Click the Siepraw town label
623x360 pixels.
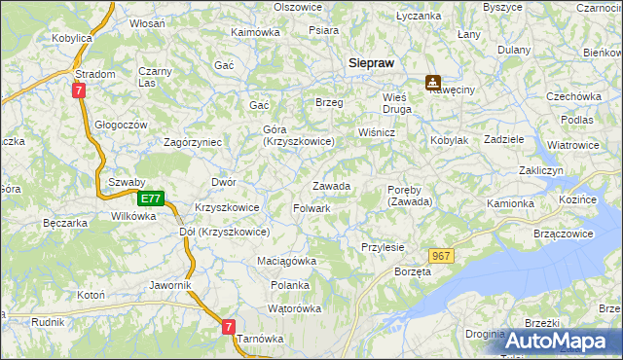click(371, 62)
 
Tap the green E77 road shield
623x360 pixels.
click(149, 198)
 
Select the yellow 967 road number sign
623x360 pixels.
click(441, 256)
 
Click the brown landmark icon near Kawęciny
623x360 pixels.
click(432, 84)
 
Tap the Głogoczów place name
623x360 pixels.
click(121, 125)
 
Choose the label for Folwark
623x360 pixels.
click(311, 208)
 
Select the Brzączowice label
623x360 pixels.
click(564, 234)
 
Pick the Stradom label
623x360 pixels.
click(95, 74)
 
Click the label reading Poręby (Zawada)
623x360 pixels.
click(410, 195)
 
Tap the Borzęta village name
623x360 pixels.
click(412, 272)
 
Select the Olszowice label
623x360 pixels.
click(298, 7)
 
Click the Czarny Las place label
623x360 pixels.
click(155, 77)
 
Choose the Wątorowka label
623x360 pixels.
click(294, 309)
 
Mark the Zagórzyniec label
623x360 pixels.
click(194, 142)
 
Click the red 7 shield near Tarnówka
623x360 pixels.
click(228, 328)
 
